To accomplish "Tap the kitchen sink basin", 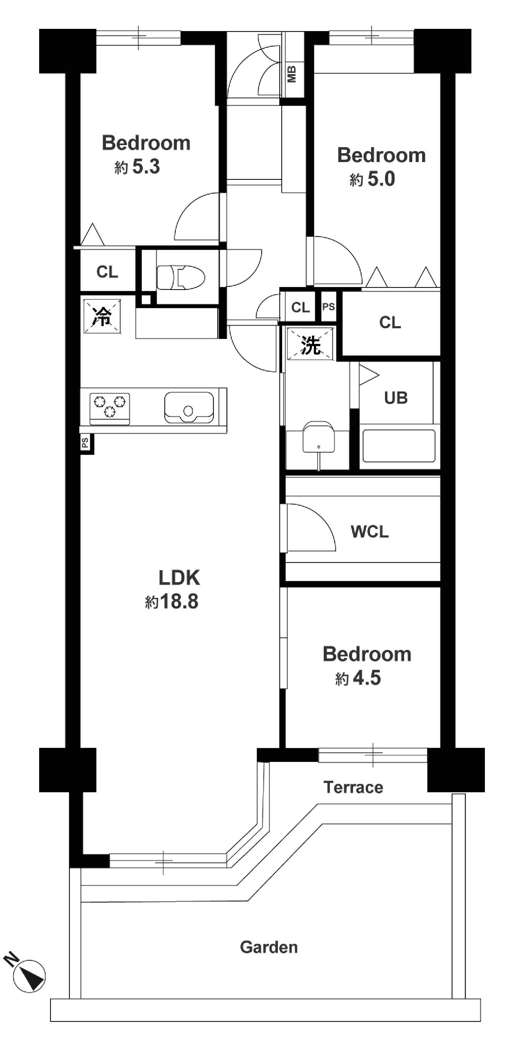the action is tap(189, 408).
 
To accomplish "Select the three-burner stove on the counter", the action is tap(110, 408).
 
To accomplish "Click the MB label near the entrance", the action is tap(292, 74).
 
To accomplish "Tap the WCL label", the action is tap(370, 531).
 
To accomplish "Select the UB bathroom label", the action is tap(396, 398).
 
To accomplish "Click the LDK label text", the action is tap(180, 578).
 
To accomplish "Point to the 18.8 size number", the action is tap(179, 602).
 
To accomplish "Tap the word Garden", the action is tap(269, 947).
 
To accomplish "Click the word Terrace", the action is tap(353, 787).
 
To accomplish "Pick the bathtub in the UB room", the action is tap(399, 446).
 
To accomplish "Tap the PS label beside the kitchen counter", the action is tap(85, 443).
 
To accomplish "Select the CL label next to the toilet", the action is tap(107, 272).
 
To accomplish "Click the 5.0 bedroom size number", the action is tap(382, 179).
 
